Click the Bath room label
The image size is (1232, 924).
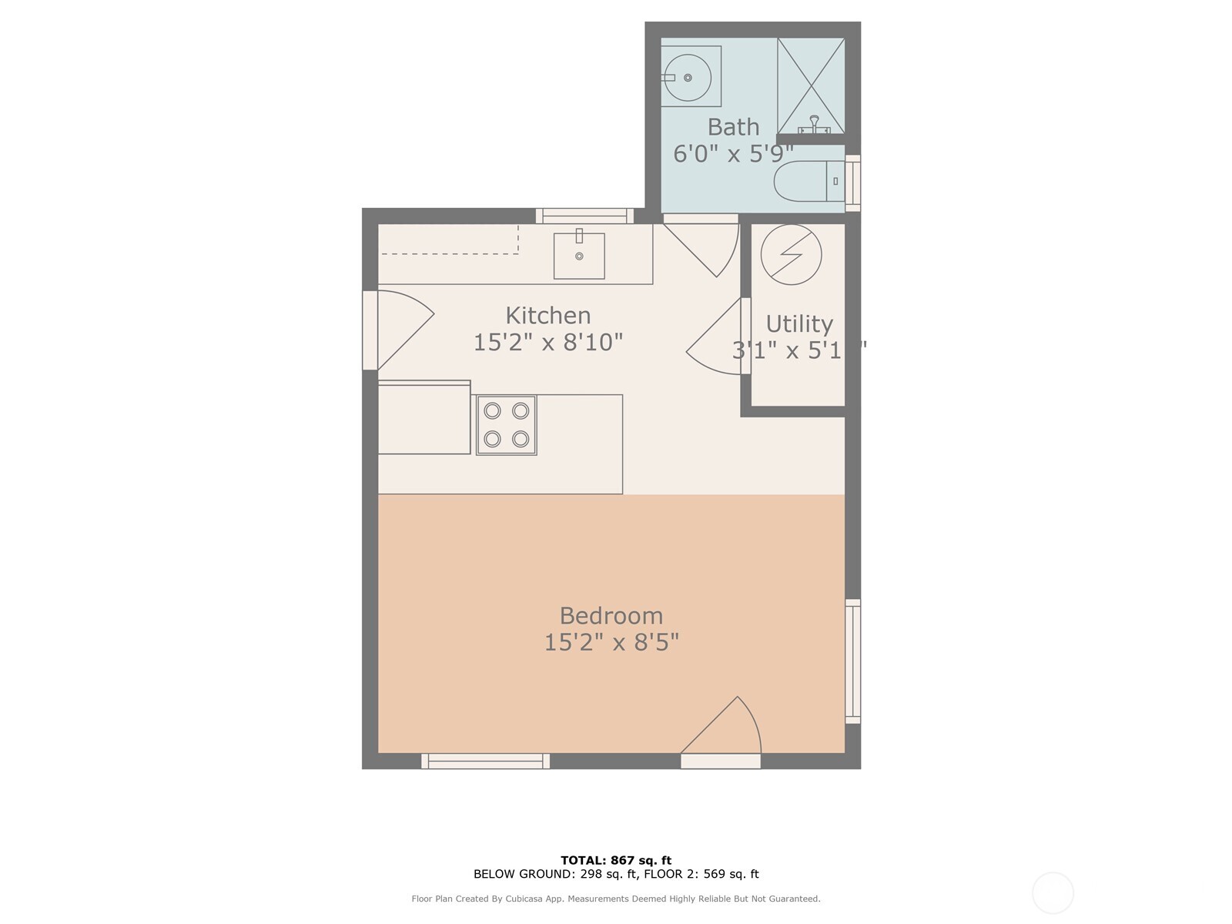click(733, 127)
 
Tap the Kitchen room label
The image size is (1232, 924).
click(548, 316)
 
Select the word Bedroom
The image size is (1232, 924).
click(611, 616)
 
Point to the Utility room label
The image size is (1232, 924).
click(799, 324)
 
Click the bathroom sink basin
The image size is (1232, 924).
click(687, 77)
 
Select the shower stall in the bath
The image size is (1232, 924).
click(811, 85)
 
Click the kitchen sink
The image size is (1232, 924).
click(579, 256)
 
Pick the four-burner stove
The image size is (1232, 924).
click(506, 424)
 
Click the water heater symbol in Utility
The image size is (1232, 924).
click(791, 254)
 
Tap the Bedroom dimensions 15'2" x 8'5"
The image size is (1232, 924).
click(611, 642)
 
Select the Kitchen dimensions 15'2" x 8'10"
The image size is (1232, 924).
click(547, 342)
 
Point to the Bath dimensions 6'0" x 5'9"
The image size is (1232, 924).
click(732, 154)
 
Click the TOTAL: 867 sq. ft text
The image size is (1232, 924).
click(616, 860)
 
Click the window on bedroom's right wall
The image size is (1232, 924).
click(852, 661)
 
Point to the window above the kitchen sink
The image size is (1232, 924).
click(584, 216)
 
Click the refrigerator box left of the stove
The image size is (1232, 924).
click(423, 418)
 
